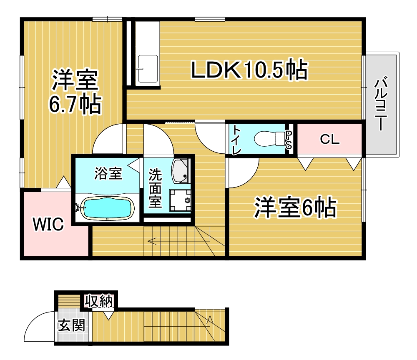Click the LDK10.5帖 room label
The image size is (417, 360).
point(249,70)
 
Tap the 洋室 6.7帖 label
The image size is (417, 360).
point(75,93)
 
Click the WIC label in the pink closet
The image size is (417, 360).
point(49,224)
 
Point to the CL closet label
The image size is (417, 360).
point(329,140)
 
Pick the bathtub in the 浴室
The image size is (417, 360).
point(108,208)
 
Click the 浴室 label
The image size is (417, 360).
point(108,173)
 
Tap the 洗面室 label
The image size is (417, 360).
point(156,187)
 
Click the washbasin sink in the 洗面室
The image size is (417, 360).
point(181,170)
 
